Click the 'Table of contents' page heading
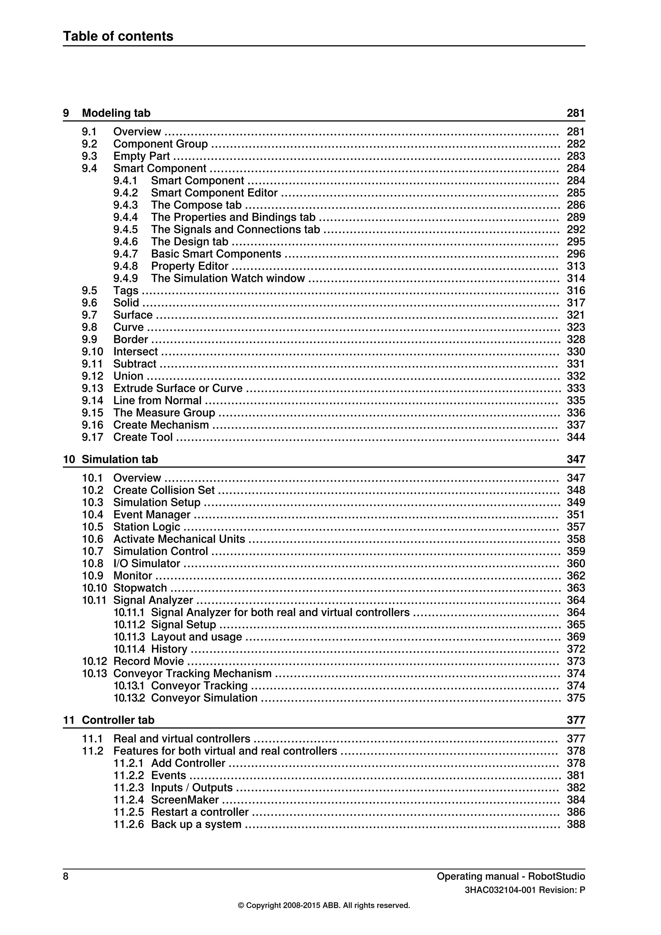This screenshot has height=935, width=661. tap(118, 36)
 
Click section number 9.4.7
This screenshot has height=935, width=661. tap(125, 254)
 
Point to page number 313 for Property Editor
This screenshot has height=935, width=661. tap(575, 266)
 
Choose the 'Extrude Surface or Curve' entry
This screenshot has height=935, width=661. tap(178, 388)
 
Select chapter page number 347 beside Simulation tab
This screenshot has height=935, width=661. tap(575, 459)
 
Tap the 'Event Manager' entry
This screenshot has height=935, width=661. tap(152, 514)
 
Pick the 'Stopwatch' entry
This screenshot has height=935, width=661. tap(140, 588)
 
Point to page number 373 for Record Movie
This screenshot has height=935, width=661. tap(575, 661)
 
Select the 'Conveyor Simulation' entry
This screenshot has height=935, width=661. tap(204, 698)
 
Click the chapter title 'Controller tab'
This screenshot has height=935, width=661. tap(118, 720)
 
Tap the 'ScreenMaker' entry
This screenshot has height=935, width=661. tap(185, 799)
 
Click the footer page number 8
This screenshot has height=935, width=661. tap(66, 876)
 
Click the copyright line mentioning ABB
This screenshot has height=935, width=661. tap(324, 905)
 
